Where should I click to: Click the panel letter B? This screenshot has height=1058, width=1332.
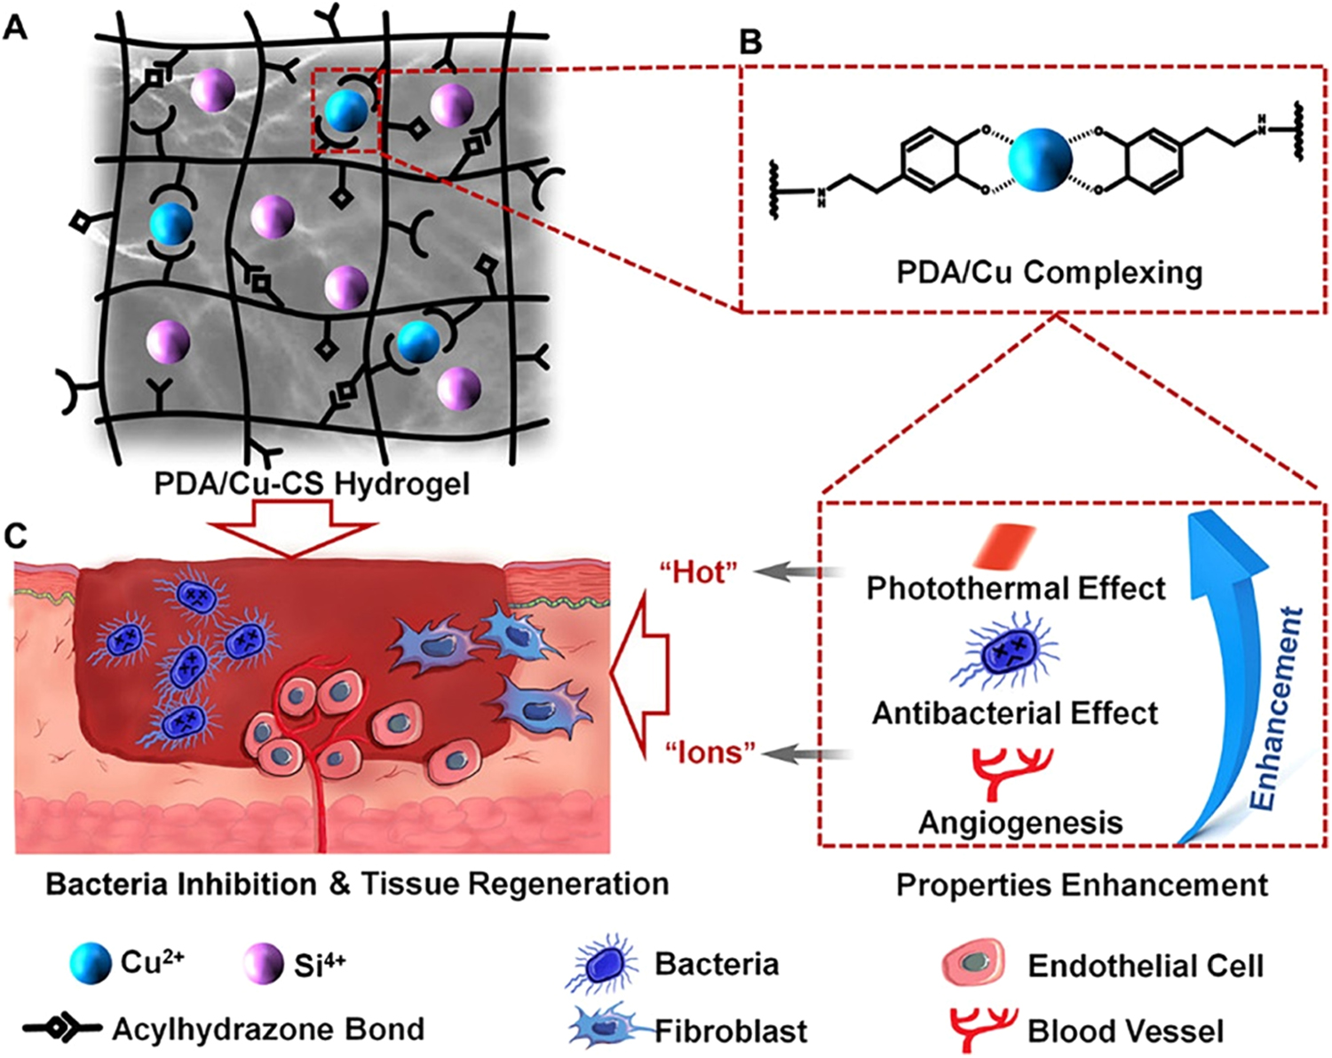click(x=750, y=42)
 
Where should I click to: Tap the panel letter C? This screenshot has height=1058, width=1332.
click(x=16, y=535)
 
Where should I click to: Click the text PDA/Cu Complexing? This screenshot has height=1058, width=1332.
click(x=1049, y=272)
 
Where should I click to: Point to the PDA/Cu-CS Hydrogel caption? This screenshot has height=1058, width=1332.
click(x=312, y=484)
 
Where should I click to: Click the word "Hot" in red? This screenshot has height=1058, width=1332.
click(x=699, y=572)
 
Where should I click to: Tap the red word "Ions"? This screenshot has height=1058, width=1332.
click(x=710, y=753)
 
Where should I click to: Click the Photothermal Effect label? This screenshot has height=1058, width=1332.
click(x=1016, y=588)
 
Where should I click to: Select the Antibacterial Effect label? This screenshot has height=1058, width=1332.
click(x=1015, y=714)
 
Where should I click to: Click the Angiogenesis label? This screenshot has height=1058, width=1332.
click(x=1020, y=823)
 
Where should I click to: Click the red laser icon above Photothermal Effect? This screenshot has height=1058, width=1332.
click(x=1004, y=545)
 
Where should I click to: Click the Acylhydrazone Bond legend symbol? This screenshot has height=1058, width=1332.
click(x=62, y=1030)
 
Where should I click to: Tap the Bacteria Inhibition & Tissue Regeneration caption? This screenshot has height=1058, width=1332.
click(x=357, y=884)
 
